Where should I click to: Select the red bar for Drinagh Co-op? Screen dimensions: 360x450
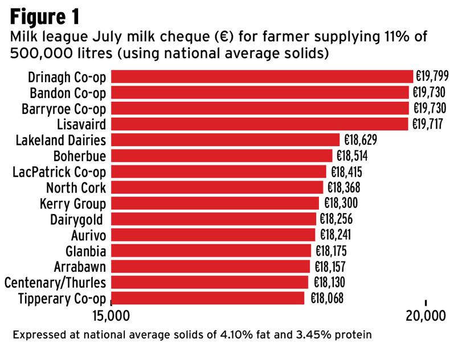261,76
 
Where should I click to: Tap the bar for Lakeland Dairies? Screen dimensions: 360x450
225,140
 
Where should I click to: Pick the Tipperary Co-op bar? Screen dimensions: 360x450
207,298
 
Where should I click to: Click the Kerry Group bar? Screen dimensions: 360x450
215,203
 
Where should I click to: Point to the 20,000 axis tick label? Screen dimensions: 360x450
426,316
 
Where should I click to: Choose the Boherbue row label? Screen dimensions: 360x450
79,156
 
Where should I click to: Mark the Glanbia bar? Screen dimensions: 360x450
211,251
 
